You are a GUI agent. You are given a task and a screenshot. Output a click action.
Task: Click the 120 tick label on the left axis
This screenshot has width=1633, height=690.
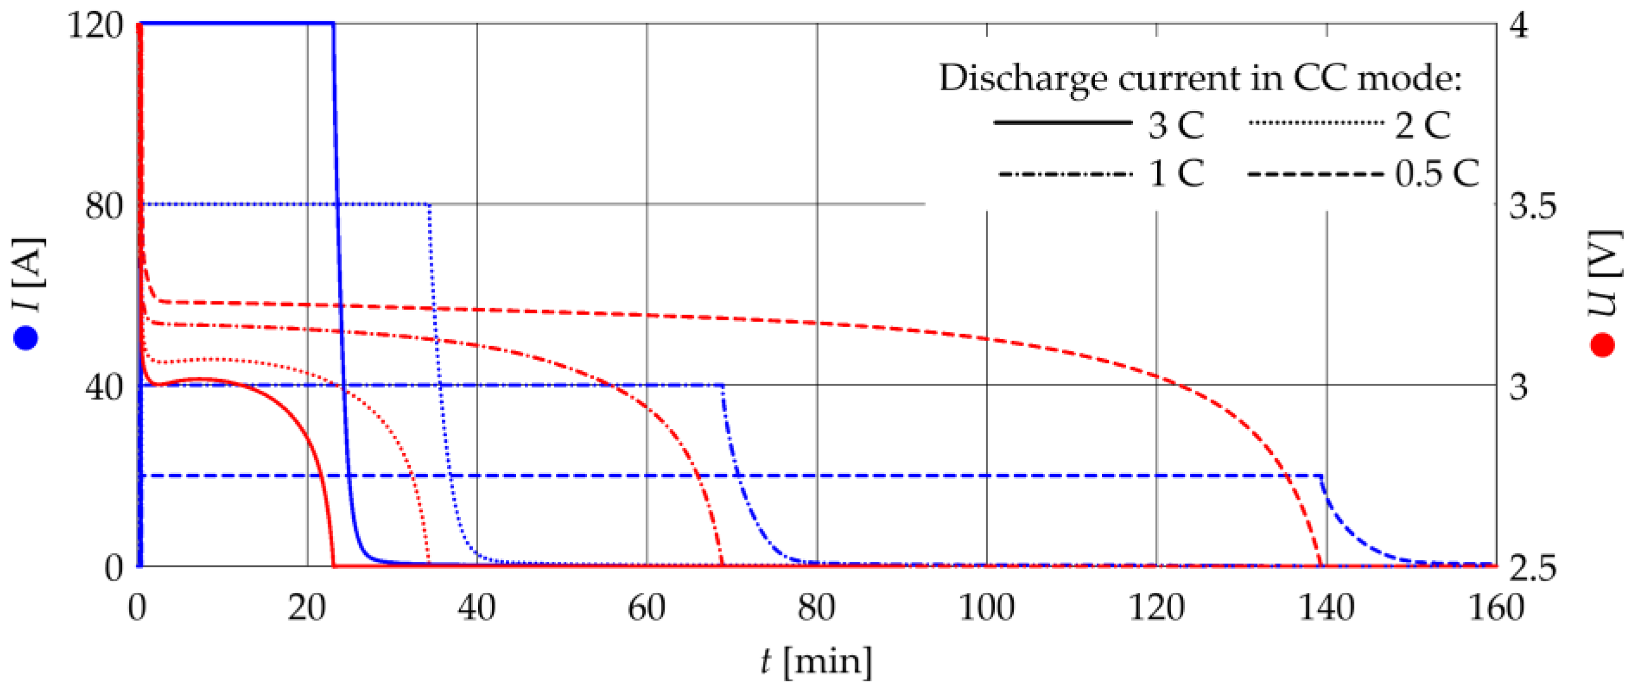click(x=95, y=27)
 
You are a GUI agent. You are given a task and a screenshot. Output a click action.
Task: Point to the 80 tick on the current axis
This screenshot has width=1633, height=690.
click(x=104, y=206)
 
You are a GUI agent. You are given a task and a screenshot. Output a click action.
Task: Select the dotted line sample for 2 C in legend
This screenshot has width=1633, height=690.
click(x=1316, y=122)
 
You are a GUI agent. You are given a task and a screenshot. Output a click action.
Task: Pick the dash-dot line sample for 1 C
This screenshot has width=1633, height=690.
click(x=1065, y=174)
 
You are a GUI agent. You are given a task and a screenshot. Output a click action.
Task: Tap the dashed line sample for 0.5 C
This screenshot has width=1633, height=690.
click(x=1316, y=174)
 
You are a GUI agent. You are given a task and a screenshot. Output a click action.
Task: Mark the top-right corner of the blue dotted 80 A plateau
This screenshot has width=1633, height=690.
click(x=430, y=204)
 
